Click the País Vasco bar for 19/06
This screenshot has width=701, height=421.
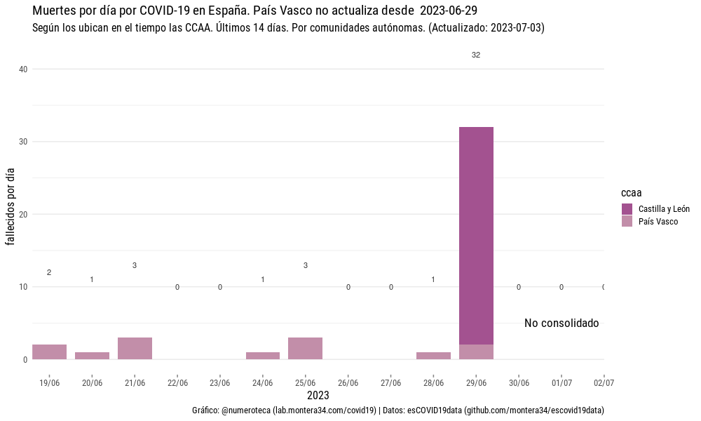click(x=49, y=352)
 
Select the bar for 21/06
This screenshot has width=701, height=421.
click(x=135, y=348)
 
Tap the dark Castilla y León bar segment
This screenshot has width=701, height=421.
click(x=476, y=235)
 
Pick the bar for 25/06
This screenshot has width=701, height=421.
click(x=305, y=348)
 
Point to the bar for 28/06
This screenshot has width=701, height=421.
click(x=433, y=356)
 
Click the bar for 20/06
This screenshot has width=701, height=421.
click(x=92, y=356)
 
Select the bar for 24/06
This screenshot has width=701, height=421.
click(x=263, y=356)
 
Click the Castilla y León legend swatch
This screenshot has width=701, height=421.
click(x=627, y=209)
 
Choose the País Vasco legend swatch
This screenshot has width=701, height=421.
click(x=627, y=222)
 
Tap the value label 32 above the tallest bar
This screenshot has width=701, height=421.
click(x=476, y=55)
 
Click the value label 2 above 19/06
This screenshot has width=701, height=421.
click(x=49, y=272)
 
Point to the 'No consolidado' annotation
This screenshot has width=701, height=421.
click(x=562, y=323)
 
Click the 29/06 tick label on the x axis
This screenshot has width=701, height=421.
click(x=476, y=383)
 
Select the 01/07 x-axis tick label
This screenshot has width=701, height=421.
click(x=562, y=383)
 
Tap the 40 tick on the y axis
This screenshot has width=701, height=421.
click(x=23, y=69)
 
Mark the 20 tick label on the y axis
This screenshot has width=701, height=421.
click(x=23, y=214)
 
